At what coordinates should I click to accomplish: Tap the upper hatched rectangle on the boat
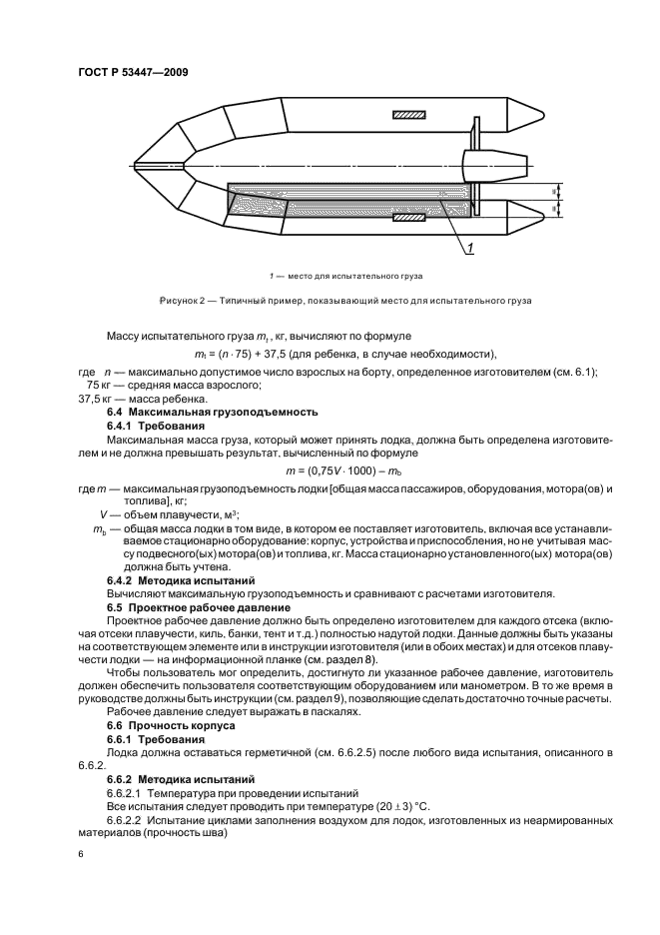[x=407, y=115]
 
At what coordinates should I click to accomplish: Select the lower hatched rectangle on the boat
[x=407, y=216]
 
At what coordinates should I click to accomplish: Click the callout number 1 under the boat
[x=470, y=250]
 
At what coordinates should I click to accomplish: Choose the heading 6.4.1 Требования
[x=149, y=424]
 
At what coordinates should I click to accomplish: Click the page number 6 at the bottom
[x=82, y=857]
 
